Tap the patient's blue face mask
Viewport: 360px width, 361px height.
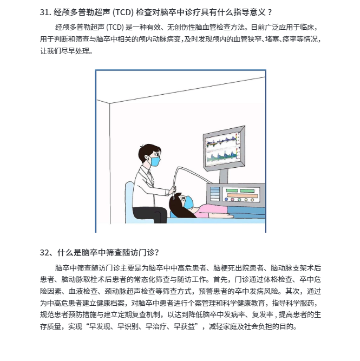coord(189,202)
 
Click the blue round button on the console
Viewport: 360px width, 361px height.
coord(226,199)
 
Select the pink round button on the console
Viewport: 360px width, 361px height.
coord(233,200)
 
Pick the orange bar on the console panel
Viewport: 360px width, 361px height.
coord(243,195)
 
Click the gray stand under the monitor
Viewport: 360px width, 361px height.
coord(224,176)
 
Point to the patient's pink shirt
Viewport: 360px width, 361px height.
coord(211,211)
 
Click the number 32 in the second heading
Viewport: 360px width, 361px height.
coord(44,253)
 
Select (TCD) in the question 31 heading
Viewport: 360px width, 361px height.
coord(123,12)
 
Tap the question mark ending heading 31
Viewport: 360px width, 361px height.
coord(270,12)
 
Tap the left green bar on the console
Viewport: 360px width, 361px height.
coord(232,191)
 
